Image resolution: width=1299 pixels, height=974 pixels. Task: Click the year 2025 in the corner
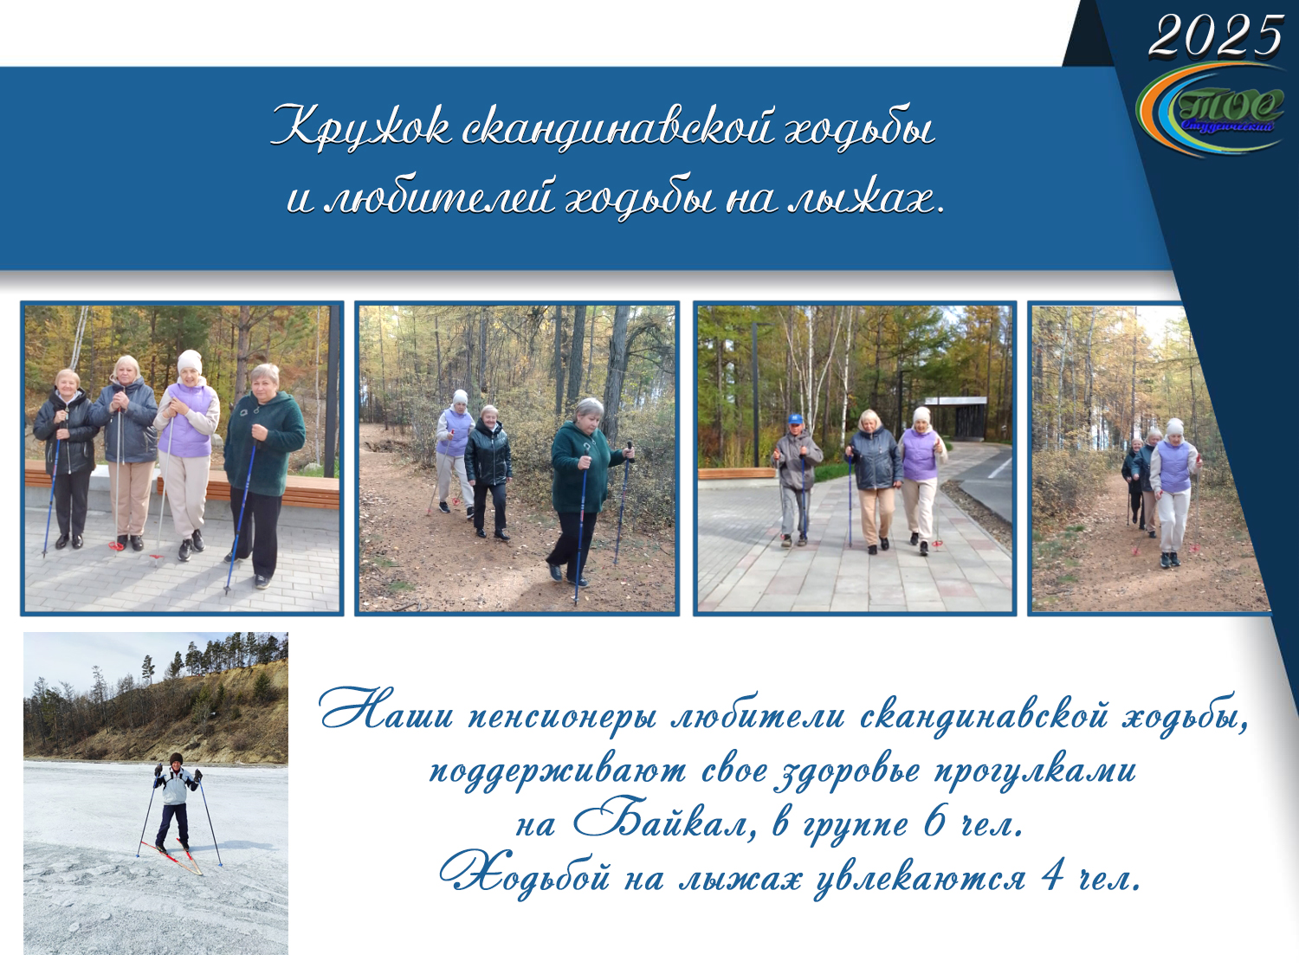coord(1215,35)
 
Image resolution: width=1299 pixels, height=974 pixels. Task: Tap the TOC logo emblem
coord(1211,110)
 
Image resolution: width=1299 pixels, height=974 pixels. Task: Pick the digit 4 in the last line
coord(1052,878)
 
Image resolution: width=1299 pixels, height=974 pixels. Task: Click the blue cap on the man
coord(795,419)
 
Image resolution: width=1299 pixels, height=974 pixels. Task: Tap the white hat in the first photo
coord(190,361)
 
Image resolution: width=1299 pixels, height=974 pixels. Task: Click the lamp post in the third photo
coord(756,394)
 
